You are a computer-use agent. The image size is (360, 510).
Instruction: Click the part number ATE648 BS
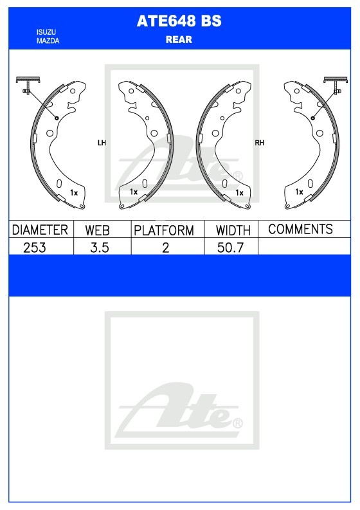[179, 21]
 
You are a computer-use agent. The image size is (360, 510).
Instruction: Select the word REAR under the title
[179, 40]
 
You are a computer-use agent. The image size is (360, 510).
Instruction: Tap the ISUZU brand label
[46, 32]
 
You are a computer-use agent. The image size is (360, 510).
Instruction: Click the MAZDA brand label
[48, 41]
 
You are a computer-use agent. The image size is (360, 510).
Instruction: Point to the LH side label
[102, 143]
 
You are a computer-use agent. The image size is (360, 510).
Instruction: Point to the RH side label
[260, 143]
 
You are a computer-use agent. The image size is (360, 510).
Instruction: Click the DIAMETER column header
[40, 230]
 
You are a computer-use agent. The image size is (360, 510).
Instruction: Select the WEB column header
[97, 230]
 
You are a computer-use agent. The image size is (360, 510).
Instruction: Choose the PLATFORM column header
[164, 230]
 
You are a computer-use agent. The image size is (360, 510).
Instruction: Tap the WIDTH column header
[233, 230]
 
